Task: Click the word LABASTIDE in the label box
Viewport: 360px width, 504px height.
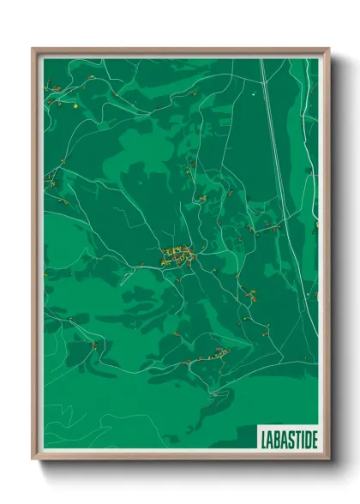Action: pyautogui.click(x=287, y=439)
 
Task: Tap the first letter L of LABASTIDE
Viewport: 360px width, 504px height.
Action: pyautogui.click(x=262, y=439)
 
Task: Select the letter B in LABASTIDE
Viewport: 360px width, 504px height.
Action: pyautogui.click(x=275, y=439)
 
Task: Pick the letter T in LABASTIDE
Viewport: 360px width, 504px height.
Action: pyautogui.click(x=294, y=439)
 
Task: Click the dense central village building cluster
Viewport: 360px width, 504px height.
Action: pyautogui.click(x=177, y=255)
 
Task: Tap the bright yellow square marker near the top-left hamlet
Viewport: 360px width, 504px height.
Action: pyautogui.click(x=75, y=105)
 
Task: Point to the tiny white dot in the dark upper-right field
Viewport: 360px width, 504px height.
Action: pyautogui.click(x=255, y=92)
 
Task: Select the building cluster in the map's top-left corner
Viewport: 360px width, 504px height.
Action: pyautogui.click(x=51, y=86)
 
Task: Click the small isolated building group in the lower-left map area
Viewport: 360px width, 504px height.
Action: pyautogui.click(x=93, y=345)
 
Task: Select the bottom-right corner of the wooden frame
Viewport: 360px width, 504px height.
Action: pyautogui.click(x=328, y=459)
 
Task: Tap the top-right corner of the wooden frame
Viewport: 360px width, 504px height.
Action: pyautogui.click(x=328, y=50)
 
